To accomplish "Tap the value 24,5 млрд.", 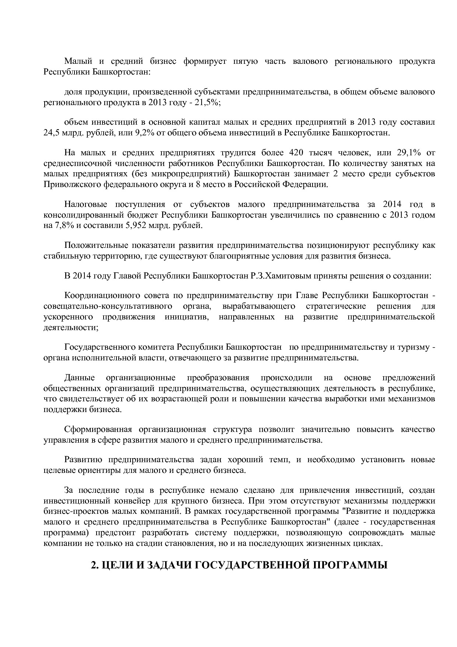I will [x=63, y=132].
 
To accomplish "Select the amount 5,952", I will [x=138, y=225].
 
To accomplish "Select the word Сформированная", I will [x=98, y=429].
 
